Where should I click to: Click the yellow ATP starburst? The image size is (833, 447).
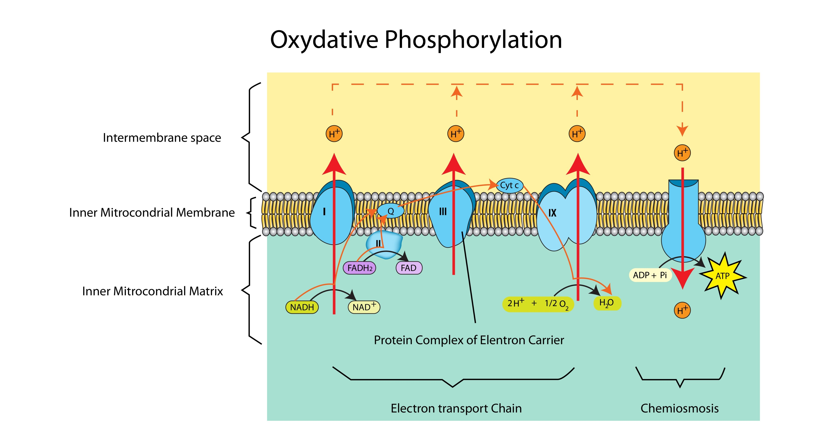click(722, 276)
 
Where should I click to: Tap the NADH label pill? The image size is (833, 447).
click(302, 307)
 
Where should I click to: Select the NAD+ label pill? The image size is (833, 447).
click(364, 307)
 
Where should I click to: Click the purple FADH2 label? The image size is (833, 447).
click(359, 268)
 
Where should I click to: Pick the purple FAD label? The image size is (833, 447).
click(409, 268)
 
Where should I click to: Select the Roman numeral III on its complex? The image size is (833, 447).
click(443, 212)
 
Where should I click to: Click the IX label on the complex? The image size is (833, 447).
click(552, 212)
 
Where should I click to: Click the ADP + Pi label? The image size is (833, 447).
click(650, 275)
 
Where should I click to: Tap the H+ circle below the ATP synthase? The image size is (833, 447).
click(682, 310)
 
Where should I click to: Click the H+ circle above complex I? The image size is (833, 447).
click(334, 134)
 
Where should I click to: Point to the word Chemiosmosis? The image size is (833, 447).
click(679, 408)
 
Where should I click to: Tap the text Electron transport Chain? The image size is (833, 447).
click(456, 408)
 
